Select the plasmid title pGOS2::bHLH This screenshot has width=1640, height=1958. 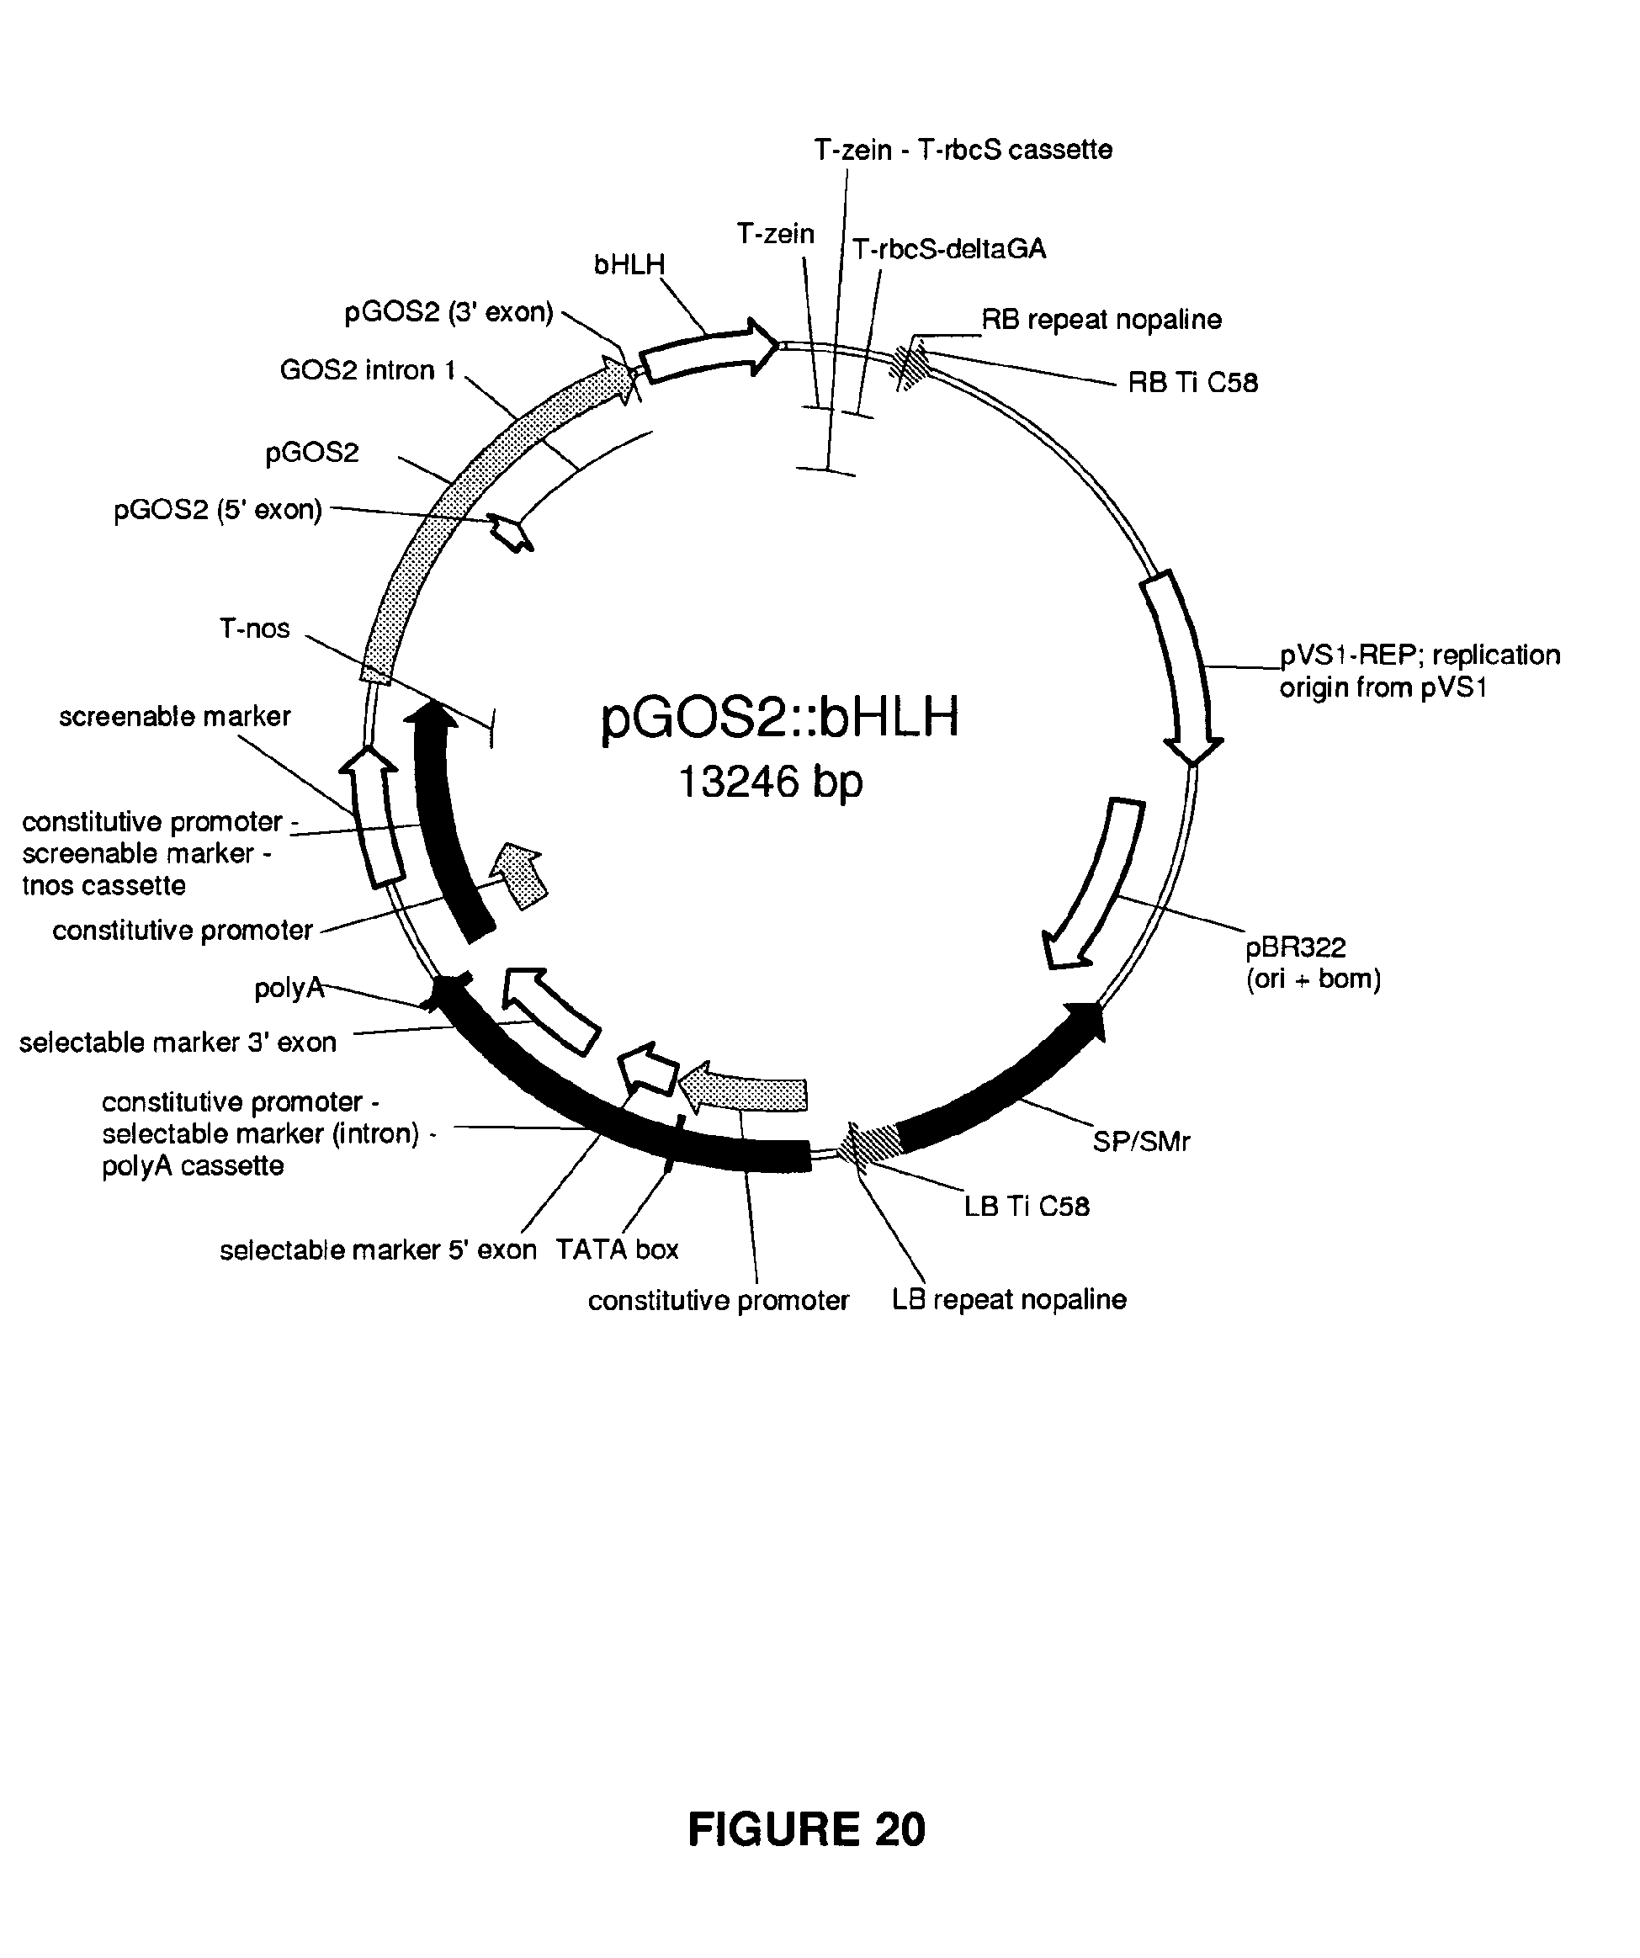(x=779, y=716)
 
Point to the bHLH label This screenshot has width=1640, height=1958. (x=629, y=265)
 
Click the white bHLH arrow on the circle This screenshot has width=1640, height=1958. (x=709, y=352)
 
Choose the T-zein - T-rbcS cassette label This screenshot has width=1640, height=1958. (x=963, y=149)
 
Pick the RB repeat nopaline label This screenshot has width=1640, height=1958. (x=1101, y=320)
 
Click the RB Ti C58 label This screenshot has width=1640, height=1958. (x=1192, y=382)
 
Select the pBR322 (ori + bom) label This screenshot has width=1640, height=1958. (x=1313, y=963)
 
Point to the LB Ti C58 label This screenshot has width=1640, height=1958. (x=1027, y=1207)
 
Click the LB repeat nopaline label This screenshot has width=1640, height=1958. (x=1009, y=1300)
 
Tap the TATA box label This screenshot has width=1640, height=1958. (x=618, y=1250)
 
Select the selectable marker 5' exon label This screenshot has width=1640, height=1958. (x=378, y=1250)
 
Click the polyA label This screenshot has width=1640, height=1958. (x=289, y=987)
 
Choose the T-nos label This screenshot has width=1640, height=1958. (x=254, y=629)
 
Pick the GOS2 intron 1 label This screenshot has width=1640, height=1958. (x=368, y=370)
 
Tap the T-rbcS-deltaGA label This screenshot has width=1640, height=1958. (x=949, y=249)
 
